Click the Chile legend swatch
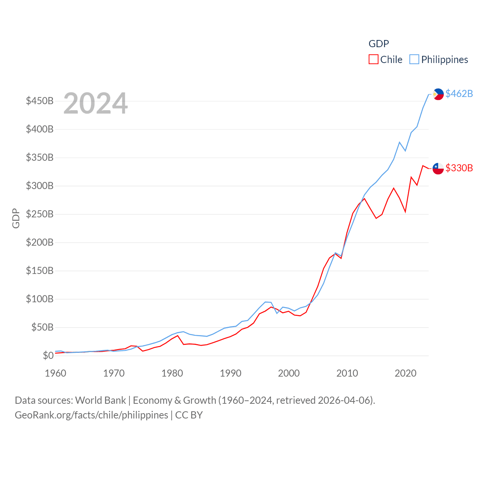373,60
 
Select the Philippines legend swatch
414,60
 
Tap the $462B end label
459,94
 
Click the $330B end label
459,168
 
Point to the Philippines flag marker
438,94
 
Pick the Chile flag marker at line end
438,168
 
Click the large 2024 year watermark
95,103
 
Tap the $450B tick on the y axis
40,101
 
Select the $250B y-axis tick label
40,214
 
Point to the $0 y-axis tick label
48,355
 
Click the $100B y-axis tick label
40,299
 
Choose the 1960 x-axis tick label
55,374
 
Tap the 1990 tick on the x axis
231,374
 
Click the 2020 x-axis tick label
405,374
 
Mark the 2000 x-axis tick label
289,374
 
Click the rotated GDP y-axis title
16,218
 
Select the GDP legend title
378,44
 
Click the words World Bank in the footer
100,400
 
